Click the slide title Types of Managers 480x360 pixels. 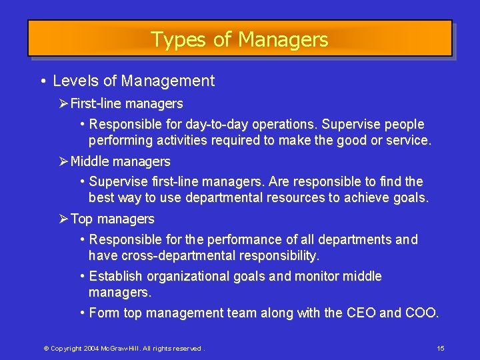pos(239,39)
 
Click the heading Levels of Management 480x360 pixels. pos(133,81)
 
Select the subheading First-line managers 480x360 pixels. pos(127,104)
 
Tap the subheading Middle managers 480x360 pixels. pos(120,161)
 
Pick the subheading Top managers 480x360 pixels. pos(112,219)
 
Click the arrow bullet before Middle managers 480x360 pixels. pos(64,161)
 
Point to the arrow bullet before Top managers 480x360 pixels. pos(64,219)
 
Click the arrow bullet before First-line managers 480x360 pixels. pos(64,104)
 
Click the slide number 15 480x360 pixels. pos(441,349)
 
